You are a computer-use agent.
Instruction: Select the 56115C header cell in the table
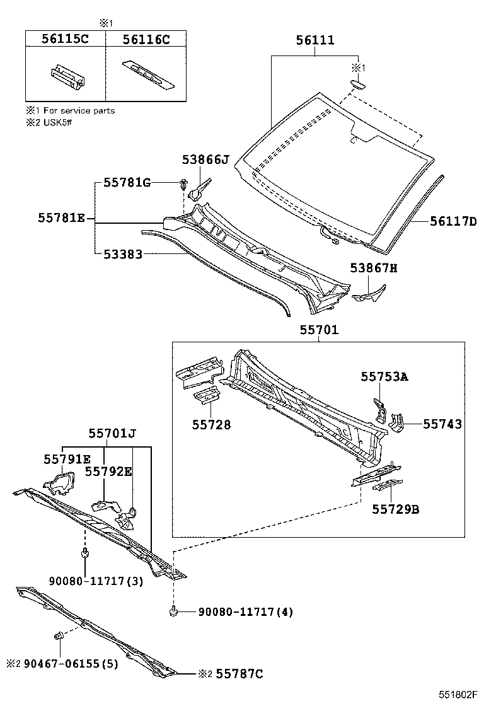pyautogui.click(x=64, y=39)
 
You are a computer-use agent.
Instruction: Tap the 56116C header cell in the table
pyautogui.click(x=146, y=39)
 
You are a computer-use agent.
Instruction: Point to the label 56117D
pyautogui.click(x=453, y=221)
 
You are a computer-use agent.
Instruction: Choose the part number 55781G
pyautogui.click(x=127, y=183)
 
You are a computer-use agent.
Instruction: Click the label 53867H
pyautogui.click(x=374, y=269)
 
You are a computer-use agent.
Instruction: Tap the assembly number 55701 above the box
pyautogui.click(x=319, y=330)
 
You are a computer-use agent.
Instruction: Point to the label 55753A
pyautogui.click(x=384, y=376)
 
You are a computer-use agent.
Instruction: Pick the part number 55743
pyautogui.click(x=442, y=424)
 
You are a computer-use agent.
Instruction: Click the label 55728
pyautogui.click(x=211, y=425)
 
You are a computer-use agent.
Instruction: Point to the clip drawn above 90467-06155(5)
pyautogui.click(x=58, y=635)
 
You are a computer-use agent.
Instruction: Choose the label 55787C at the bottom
pyautogui.click(x=239, y=674)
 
